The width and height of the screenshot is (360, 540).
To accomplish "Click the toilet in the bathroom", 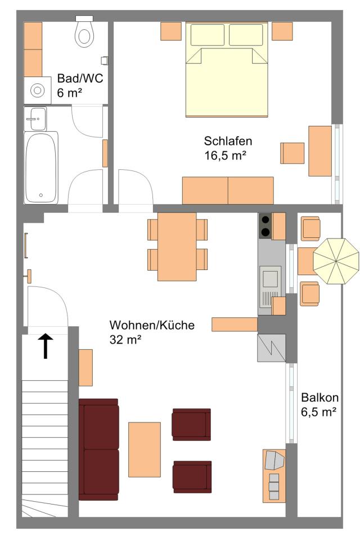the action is pyautogui.click(x=84, y=31).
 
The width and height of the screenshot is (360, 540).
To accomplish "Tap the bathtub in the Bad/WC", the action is pyautogui.click(x=40, y=168).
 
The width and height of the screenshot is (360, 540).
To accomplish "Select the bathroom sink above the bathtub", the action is pyautogui.click(x=35, y=119).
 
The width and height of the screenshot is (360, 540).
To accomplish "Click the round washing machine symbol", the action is pyautogui.click(x=38, y=91).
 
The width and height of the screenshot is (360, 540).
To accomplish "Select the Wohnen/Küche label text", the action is pyautogui.click(x=152, y=325).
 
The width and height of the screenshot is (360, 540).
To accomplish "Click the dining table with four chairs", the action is pyautogui.click(x=177, y=246).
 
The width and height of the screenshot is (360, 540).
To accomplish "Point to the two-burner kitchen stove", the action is pyautogui.click(x=265, y=226).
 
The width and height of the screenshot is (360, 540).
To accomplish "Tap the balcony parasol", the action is pyautogui.click(x=336, y=262).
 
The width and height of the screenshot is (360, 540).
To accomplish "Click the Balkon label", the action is pyautogui.click(x=319, y=398).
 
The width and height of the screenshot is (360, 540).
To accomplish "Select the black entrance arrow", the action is pyautogui.click(x=46, y=346).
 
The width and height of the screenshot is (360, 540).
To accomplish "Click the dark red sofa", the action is pyautogui.click(x=99, y=449).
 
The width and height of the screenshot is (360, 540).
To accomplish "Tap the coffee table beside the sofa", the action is pyautogui.click(x=145, y=449).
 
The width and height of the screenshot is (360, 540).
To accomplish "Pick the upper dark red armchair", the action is pyautogui.click(x=192, y=425).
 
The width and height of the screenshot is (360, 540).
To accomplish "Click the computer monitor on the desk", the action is pyautogui.click(x=274, y=461).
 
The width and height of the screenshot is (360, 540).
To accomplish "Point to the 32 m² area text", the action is pyautogui.click(x=125, y=340).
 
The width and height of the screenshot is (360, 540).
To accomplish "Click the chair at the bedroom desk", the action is pyautogui.click(x=292, y=153).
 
